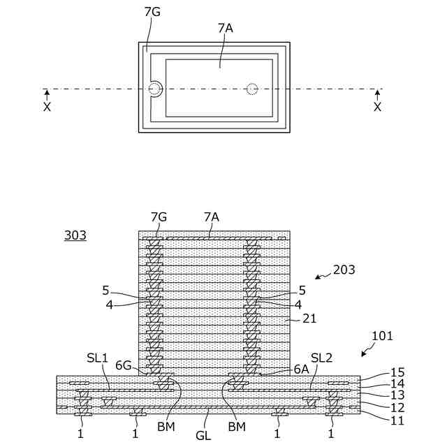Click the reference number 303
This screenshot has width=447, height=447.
tap(75, 235)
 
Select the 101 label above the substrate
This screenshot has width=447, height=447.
tap(382, 336)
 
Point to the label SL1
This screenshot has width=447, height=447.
tap(98, 358)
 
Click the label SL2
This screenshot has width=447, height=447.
tap(321, 358)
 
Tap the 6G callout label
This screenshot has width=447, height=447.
tap(123, 365)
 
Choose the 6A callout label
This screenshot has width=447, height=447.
tap(302, 365)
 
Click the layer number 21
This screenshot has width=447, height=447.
tap(309, 318)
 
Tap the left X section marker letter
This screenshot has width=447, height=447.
tap(47, 107)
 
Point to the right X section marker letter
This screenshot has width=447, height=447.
tap(377, 107)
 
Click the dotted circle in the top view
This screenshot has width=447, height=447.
tap(252, 89)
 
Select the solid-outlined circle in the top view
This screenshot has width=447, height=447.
tap(154, 89)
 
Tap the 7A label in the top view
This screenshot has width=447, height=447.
tap(226, 28)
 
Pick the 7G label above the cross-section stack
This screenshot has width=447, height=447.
tap(159, 217)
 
